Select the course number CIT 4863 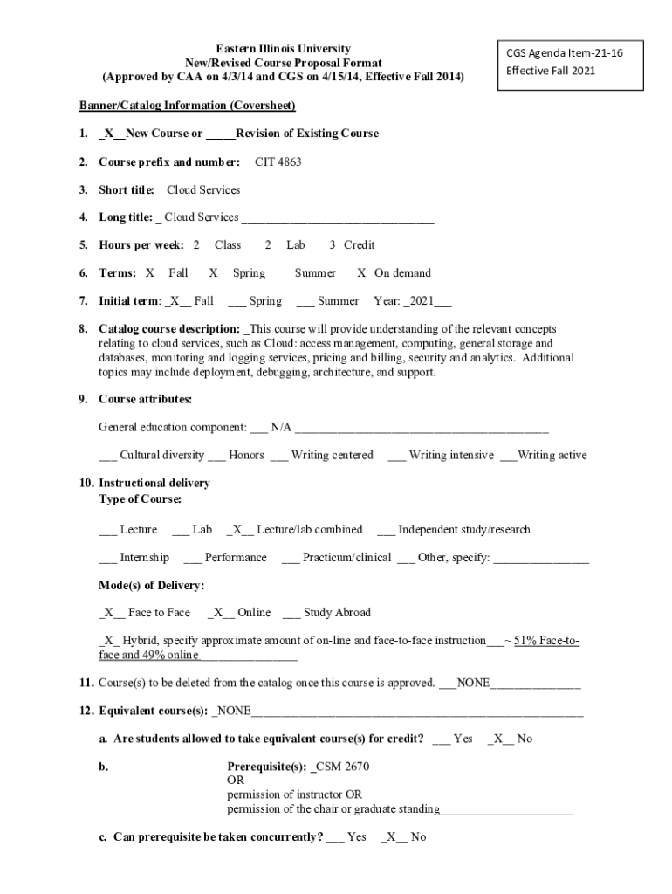click(x=278, y=162)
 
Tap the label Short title click(x=126, y=189)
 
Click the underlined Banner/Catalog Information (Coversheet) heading click(x=188, y=106)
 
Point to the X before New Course click(x=108, y=134)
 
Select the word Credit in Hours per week click(x=359, y=245)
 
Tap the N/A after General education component click(x=281, y=427)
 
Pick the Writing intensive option click(x=450, y=455)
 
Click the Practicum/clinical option click(x=346, y=557)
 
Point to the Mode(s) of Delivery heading click(x=152, y=585)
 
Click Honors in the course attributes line click(x=246, y=455)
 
